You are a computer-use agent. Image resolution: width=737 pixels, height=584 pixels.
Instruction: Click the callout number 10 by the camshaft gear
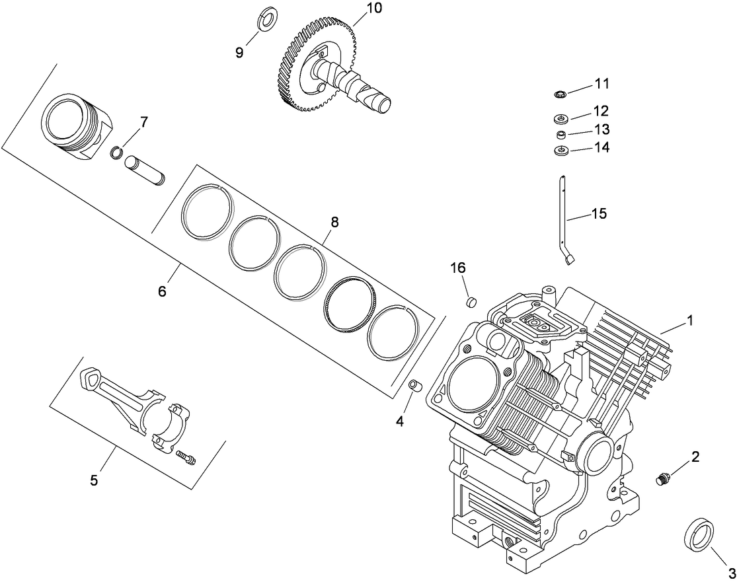tap(373, 8)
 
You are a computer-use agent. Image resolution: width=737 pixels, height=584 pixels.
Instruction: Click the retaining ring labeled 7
tap(117, 153)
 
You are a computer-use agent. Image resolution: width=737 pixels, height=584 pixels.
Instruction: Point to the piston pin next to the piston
tap(145, 169)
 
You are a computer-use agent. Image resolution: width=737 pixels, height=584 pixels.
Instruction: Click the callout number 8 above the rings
tap(334, 223)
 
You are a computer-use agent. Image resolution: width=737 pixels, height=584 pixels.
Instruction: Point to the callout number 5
tap(94, 480)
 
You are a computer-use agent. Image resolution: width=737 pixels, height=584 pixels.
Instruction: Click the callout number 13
tap(601, 129)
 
